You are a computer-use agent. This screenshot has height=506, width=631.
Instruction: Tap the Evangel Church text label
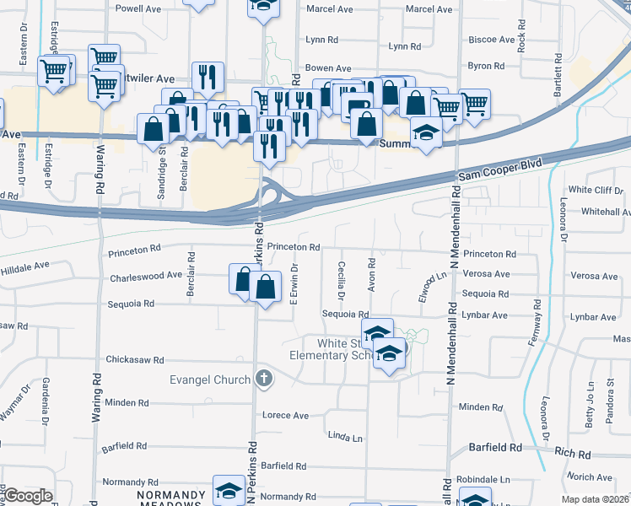[x=209, y=379]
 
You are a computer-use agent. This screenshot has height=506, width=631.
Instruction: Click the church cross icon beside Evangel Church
[x=265, y=378]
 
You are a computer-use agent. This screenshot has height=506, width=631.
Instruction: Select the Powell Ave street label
[x=138, y=8]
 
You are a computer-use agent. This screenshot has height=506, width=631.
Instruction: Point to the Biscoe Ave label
[x=492, y=40]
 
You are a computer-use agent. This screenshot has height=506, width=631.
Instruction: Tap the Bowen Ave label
[x=328, y=68]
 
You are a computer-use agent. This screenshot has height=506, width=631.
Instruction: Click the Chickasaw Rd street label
[x=134, y=360]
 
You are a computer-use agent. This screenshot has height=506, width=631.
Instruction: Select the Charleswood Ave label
[x=146, y=276]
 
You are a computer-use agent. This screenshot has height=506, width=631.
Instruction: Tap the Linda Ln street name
[x=345, y=437]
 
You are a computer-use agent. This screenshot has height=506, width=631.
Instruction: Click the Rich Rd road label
[x=574, y=454]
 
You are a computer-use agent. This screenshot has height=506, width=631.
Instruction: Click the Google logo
[x=28, y=496]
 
